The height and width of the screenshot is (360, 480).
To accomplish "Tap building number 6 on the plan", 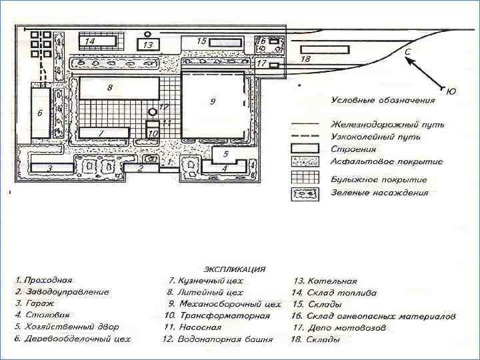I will click(40, 111).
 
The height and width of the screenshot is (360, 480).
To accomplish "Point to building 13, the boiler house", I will click(148, 45).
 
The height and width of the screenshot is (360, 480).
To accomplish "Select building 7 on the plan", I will click(103, 133).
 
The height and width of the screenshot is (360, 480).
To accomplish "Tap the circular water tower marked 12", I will click(153, 111).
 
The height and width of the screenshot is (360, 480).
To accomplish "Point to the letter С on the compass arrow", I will click(407, 51).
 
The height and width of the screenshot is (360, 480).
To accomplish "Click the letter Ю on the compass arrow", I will click(451, 91).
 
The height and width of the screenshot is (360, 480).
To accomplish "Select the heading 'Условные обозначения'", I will click(383, 101).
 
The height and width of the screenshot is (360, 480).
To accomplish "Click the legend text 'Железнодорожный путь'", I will click(387, 125).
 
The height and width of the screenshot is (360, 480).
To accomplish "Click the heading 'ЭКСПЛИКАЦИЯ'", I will click(234, 269).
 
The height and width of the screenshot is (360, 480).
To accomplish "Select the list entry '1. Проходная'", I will click(45, 281).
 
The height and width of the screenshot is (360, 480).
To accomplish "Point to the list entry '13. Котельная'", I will click(326, 281).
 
